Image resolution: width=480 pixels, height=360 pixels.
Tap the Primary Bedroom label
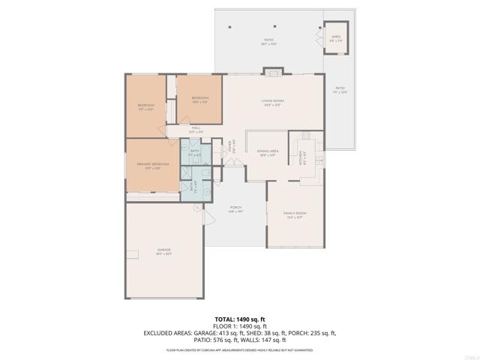coord(152,165)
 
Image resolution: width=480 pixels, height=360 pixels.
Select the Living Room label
coord(271,102)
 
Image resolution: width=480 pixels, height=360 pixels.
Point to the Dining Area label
coord(268,153)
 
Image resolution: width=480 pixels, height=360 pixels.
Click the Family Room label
coord(295,215)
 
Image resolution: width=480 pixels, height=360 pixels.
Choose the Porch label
coord(235,209)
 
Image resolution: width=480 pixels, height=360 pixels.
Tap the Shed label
coord(337,38)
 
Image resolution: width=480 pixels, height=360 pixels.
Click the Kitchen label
coord(304,160)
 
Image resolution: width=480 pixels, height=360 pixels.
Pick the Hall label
coord(196,130)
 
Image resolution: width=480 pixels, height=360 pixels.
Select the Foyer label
coord(232,149)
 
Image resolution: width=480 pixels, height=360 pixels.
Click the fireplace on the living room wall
coord(273,72)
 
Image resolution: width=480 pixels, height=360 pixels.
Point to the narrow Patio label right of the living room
coord(339,91)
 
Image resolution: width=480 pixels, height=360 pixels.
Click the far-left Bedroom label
coord(145,106)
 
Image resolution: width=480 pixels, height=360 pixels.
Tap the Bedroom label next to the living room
coord(199,100)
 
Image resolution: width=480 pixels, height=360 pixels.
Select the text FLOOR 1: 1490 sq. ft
coord(239,326)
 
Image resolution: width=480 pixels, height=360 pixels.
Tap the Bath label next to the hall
coord(194,153)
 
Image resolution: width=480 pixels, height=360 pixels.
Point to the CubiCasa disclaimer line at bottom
coord(239,349)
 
